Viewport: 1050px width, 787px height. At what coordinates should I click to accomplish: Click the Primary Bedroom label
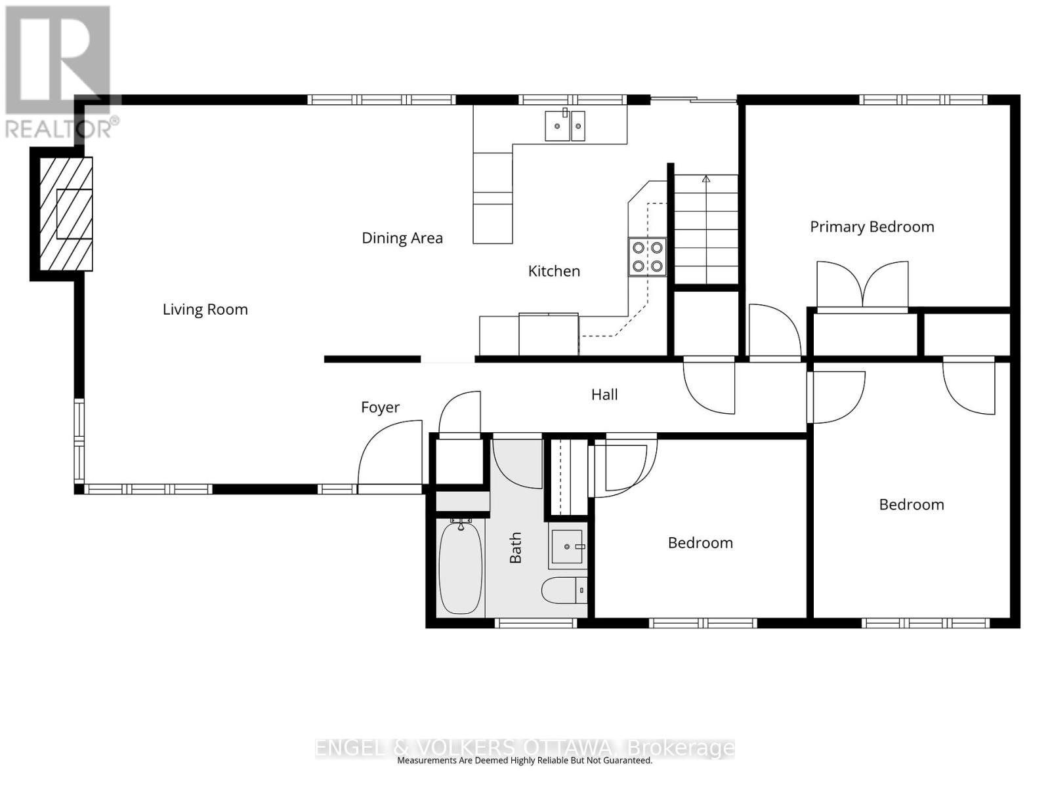pos(871,227)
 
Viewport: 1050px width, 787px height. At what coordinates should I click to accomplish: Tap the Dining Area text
pos(402,238)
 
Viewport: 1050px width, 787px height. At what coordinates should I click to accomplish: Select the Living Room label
pos(205,310)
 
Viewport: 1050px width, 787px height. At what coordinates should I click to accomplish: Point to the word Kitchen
pos(554,271)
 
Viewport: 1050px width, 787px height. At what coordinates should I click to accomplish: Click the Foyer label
pos(380,407)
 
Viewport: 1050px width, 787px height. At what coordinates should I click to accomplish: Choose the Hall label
pos(604,394)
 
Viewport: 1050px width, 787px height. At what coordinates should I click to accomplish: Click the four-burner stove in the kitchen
pos(647,256)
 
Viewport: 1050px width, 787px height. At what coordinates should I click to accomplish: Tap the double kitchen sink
pos(564,125)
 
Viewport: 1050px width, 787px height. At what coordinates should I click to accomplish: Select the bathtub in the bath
pos(460,567)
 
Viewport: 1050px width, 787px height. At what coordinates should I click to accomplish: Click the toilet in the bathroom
pos(563,590)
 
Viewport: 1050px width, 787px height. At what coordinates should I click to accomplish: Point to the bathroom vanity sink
pos(567,546)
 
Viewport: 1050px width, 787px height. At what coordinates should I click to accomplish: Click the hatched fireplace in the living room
pos(66,214)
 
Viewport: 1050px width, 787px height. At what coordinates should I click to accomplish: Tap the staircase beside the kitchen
pos(706,230)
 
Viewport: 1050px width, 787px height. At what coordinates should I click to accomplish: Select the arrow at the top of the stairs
pos(706,178)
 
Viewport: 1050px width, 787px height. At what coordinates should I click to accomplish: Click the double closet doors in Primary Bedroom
pos(862,285)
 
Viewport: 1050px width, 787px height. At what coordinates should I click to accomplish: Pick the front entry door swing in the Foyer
pos(390,456)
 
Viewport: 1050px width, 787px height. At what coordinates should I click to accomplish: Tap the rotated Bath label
pos(516,548)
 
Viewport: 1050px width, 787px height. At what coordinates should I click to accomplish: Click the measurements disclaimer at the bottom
pos(524,761)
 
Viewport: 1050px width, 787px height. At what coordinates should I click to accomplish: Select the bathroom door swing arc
pos(518,464)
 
